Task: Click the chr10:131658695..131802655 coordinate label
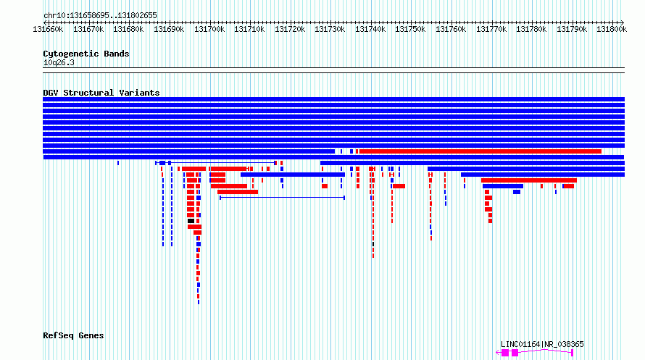100,15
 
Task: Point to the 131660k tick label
48,29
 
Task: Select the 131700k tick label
209,29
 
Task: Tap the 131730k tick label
330,29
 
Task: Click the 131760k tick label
451,29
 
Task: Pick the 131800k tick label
612,29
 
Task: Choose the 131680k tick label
128,29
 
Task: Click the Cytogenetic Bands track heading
86,54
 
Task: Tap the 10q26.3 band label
59,63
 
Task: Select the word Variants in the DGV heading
139,93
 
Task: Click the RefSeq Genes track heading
73,336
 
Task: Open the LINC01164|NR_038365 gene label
542,344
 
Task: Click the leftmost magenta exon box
504,353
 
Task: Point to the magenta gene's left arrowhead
498,353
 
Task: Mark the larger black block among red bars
191,221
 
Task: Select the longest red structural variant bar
480,151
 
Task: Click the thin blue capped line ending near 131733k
282,198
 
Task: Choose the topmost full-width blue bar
333,99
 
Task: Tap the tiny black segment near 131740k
373,245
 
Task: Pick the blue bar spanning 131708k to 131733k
293,175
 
